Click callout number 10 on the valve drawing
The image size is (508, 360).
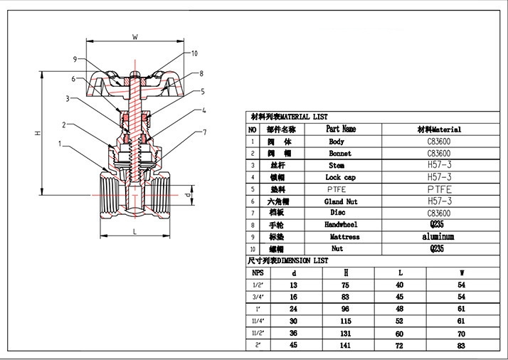tap(195, 53)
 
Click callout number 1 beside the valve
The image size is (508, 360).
tap(60, 147)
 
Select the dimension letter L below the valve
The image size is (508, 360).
tap(133, 232)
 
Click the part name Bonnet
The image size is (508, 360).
tap(339, 153)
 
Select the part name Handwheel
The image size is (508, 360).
tap(341, 225)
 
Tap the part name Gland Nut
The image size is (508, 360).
tap(341, 201)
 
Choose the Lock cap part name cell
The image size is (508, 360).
tap(341, 177)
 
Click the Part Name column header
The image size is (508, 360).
tap(341, 129)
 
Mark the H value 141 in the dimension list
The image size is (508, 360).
tap(346, 345)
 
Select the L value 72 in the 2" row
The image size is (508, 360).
tap(400, 345)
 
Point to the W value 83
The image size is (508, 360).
tap(462, 345)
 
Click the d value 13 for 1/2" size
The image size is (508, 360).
tap(294, 285)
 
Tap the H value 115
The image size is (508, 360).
tap(346, 321)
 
